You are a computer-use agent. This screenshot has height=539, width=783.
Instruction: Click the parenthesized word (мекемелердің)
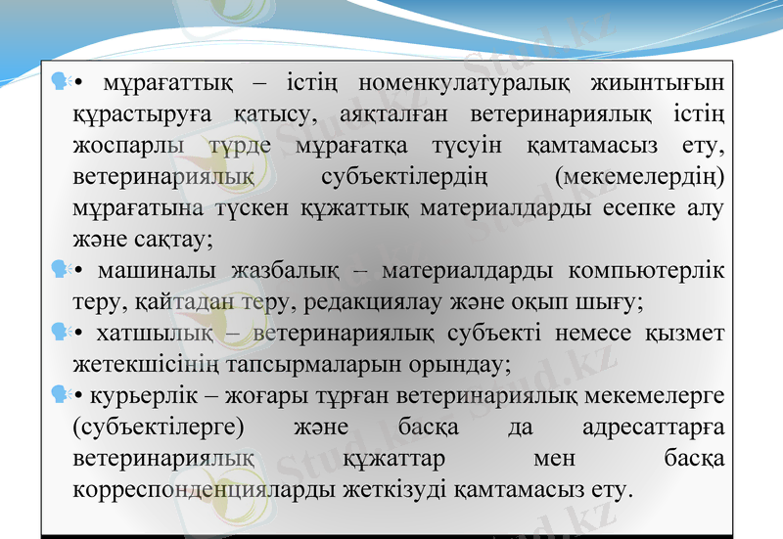639,178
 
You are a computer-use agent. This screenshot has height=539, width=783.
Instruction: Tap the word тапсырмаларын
296,365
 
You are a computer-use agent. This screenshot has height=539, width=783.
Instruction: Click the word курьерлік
125,396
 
